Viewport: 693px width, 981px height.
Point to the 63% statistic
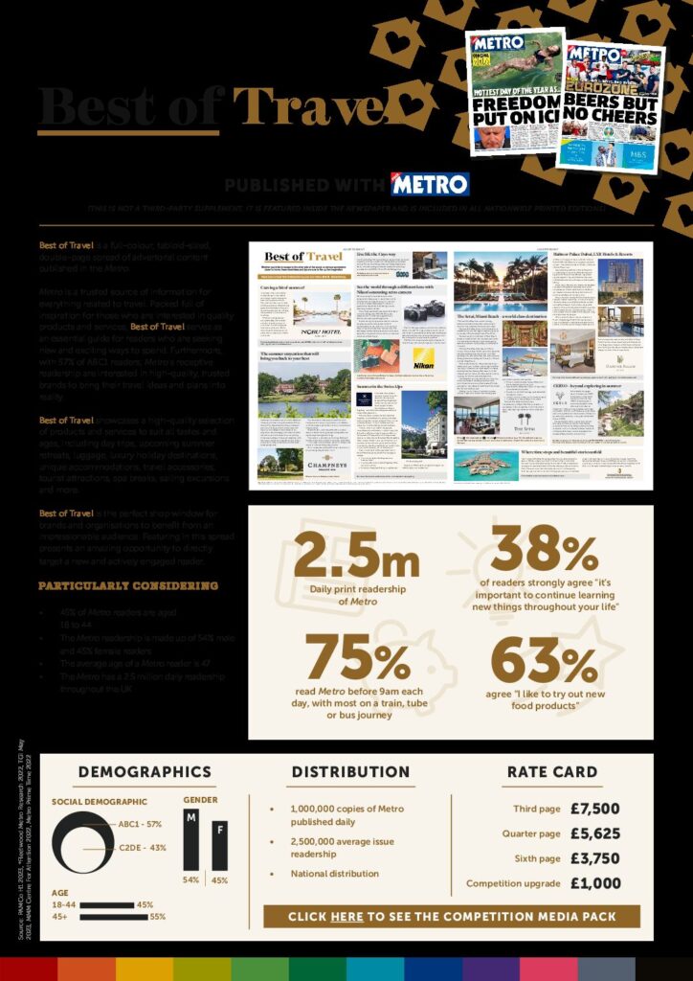545,659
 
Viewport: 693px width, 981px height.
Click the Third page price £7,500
594,809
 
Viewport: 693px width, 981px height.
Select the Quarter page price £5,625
594,833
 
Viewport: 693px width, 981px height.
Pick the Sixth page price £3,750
594,858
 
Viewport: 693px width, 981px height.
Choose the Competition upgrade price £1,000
594,883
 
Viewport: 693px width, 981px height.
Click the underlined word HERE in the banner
346,917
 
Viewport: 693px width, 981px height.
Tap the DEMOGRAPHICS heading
145,772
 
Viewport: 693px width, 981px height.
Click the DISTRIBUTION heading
350,772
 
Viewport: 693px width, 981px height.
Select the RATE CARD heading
552,772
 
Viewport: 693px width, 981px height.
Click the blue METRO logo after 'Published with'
430,184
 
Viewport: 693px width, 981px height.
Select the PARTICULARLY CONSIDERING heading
127,585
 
